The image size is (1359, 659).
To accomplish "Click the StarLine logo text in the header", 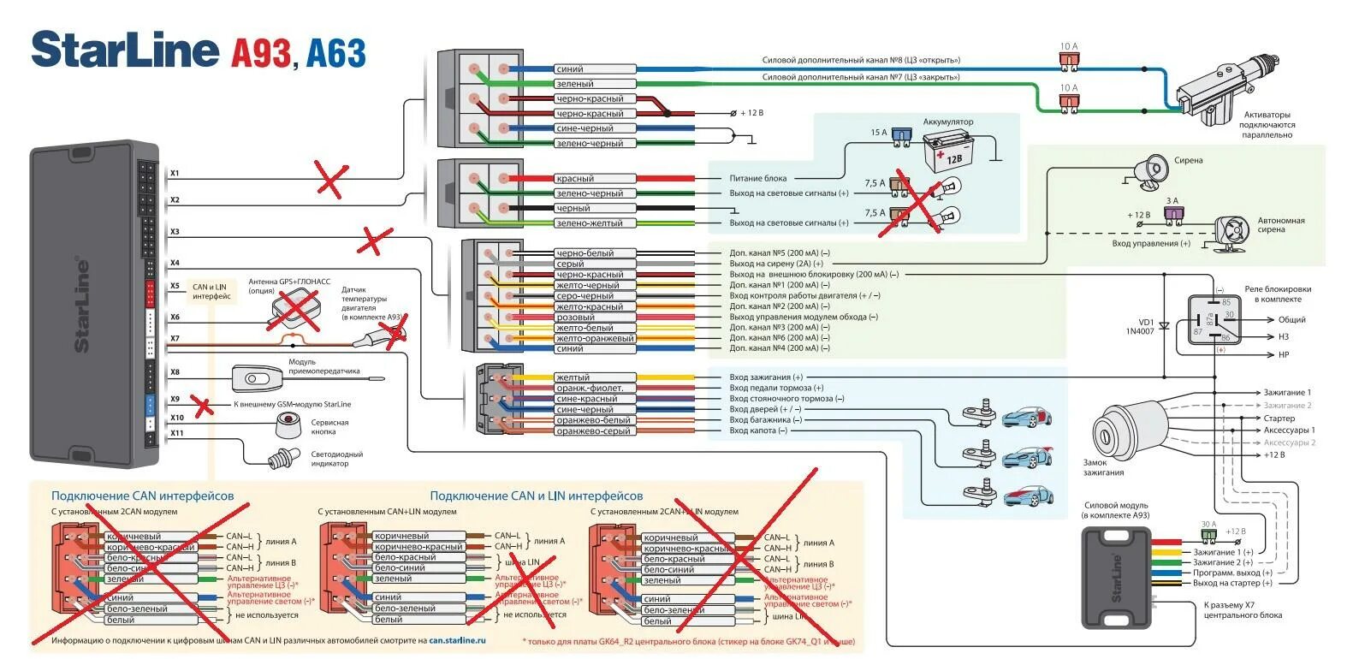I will point(125,51).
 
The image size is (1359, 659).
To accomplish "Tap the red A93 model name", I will point(262,53).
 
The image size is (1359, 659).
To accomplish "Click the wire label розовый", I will point(575,318).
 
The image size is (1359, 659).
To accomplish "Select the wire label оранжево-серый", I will point(593,431).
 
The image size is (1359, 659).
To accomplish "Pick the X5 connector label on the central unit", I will point(175,287).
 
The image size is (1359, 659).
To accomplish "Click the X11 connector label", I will point(177,433).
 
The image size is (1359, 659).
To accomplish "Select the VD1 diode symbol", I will point(1164,327).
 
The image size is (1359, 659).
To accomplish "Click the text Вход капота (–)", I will point(758,431).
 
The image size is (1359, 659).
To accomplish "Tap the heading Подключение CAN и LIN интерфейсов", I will point(536,496).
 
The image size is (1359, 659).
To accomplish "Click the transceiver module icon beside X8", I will point(258,377).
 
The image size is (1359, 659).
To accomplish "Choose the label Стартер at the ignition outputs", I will point(1279,419).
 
